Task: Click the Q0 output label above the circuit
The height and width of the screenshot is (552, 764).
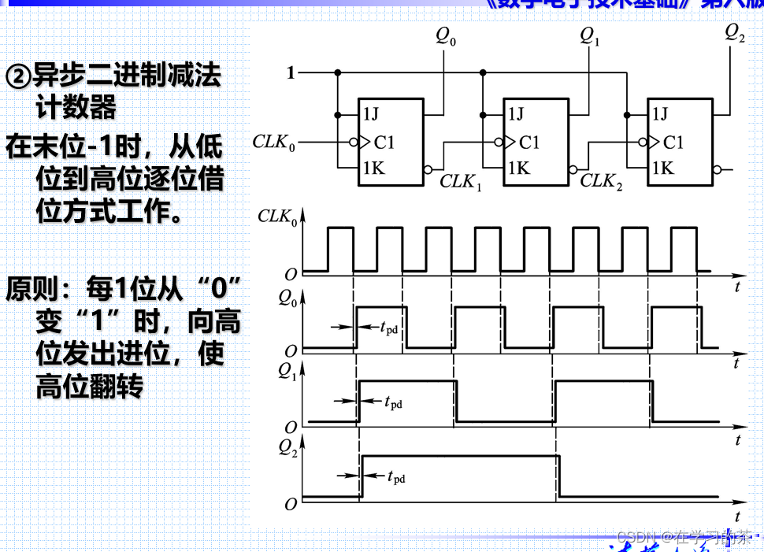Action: coord(445,37)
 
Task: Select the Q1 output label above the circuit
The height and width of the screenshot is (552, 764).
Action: coord(589,37)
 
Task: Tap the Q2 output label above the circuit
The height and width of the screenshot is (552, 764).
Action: coord(734,33)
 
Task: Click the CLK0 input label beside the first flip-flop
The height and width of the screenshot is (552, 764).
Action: coord(274,143)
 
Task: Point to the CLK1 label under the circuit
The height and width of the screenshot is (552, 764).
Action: coord(461,182)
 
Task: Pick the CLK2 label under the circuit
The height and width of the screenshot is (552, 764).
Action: coord(601,182)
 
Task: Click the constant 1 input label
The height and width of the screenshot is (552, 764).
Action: coord(291,73)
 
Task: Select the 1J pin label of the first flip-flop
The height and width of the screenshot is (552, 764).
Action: coord(370,114)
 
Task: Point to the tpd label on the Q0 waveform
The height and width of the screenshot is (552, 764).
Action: coord(388,328)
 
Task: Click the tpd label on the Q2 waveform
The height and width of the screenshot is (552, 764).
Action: coord(395,476)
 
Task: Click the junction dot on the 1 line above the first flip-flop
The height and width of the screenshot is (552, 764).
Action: coord(338,73)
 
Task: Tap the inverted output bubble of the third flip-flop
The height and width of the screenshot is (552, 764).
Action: coord(716,169)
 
